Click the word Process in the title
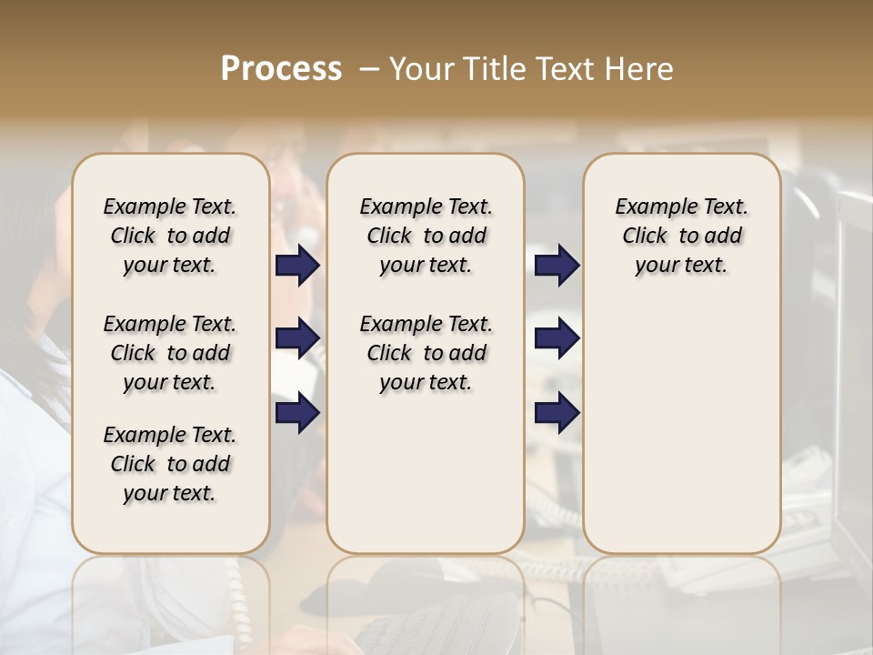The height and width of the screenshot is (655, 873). point(281,69)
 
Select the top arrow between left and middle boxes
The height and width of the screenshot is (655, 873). point(297,265)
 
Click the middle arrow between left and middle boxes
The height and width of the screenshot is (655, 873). point(297,338)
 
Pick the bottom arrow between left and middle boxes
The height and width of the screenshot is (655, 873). point(297,412)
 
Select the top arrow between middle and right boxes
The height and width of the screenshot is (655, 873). point(557,265)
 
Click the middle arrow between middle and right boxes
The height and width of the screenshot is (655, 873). point(557,338)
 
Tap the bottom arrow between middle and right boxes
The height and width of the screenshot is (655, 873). point(557,412)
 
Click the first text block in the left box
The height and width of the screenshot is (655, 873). point(170,236)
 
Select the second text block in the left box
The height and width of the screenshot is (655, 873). point(170,353)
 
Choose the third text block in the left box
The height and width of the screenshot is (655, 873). point(170,464)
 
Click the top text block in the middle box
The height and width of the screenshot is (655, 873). point(426,236)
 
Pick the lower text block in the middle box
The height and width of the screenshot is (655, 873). point(426,353)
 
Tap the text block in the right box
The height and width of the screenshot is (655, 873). point(681,236)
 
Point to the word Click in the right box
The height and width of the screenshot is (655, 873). point(645,236)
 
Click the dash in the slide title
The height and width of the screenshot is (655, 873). point(369,69)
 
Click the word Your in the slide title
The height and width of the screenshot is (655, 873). point(416,69)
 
